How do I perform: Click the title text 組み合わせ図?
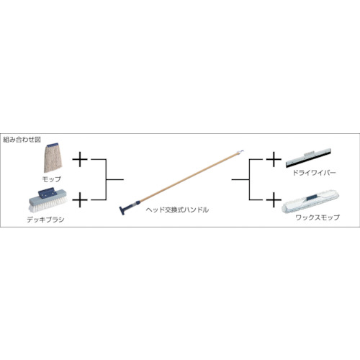(x=22, y=140)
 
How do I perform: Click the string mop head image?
(x=53, y=158)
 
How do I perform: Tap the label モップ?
(x=51, y=179)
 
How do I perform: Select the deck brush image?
(x=48, y=200)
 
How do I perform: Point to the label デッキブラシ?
(x=45, y=220)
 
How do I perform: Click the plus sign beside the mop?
(x=80, y=159)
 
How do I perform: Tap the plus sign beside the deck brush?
(x=80, y=199)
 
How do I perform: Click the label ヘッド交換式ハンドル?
(x=177, y=210)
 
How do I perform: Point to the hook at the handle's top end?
(x=242, y=150)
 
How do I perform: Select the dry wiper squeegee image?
(x=308, y=158)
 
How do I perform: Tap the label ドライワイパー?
(x=314, y=173)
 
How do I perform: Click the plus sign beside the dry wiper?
(x=274, y=159)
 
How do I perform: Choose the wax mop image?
(x=310, y=201)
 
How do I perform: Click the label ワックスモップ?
(x=318, y=217)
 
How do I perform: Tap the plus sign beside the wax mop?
(x=274, y=199)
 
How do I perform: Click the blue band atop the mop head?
(x=53, y=145)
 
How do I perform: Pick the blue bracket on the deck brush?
(x=47, y=193)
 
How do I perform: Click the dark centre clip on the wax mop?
(x=310, y=197)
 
